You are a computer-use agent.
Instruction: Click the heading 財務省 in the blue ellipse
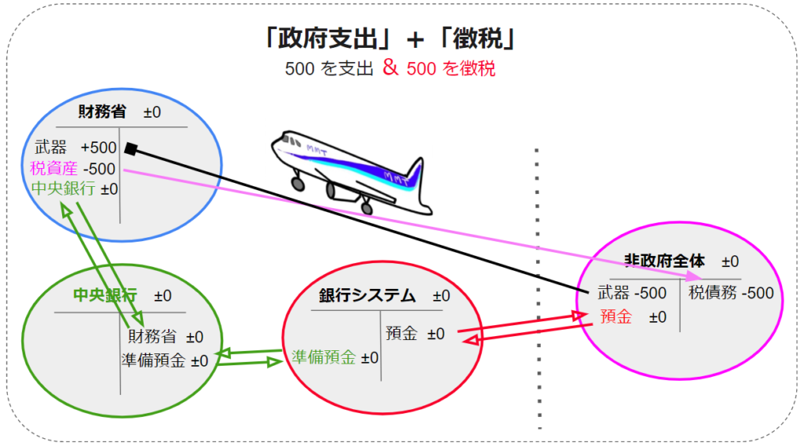click(x=102, y=111)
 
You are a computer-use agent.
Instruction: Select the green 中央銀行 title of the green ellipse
click(x=105, y=295)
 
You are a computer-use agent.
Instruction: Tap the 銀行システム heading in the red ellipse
click(x=367, y=295)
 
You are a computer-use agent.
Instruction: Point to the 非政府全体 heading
click(x=664, y=261)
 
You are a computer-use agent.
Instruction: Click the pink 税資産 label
click(x=54, y=168)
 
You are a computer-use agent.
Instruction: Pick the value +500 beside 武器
click(x=98, y=148)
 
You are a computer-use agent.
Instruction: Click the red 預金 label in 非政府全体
click(x=616, y=316)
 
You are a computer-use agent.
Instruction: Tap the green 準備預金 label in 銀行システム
click(x=323, y=357)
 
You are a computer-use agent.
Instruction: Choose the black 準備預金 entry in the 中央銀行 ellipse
click(x=153, y=360)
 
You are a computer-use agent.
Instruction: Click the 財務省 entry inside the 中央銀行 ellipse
click(x=152, y=337)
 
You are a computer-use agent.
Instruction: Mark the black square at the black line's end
click(x=131, y=148)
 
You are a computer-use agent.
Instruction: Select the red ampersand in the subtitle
click(x=390, y=68)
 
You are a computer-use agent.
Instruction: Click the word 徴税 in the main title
click(x=477, y=39)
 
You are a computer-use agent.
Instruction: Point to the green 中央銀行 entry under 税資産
click(x=63, y=188)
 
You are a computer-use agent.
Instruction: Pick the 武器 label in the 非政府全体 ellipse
click(x=613, y=293)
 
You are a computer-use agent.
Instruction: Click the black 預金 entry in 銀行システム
click(x=401, y=334)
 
